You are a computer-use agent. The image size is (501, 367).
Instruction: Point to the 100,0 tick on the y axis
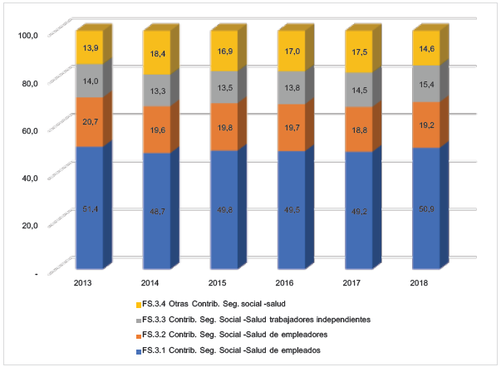point(29,35)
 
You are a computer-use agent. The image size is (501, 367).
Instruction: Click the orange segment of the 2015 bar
point(223,126)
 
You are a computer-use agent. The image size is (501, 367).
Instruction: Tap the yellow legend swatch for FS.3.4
point(136,304)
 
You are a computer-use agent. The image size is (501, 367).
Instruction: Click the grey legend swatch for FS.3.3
point(136,320)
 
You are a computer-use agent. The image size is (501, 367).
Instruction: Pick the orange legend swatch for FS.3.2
point(136,335)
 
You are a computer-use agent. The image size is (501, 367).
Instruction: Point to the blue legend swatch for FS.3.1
point(136,351)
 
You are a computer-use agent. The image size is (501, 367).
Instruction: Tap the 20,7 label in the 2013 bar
point(89,122)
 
